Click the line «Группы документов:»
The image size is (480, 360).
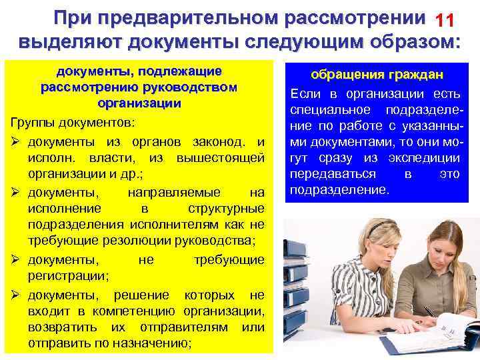pos(61,124)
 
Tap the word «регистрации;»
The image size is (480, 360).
pos(65,275)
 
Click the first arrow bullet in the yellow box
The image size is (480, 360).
pos(17,141)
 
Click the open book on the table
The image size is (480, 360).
pos(427,339)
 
